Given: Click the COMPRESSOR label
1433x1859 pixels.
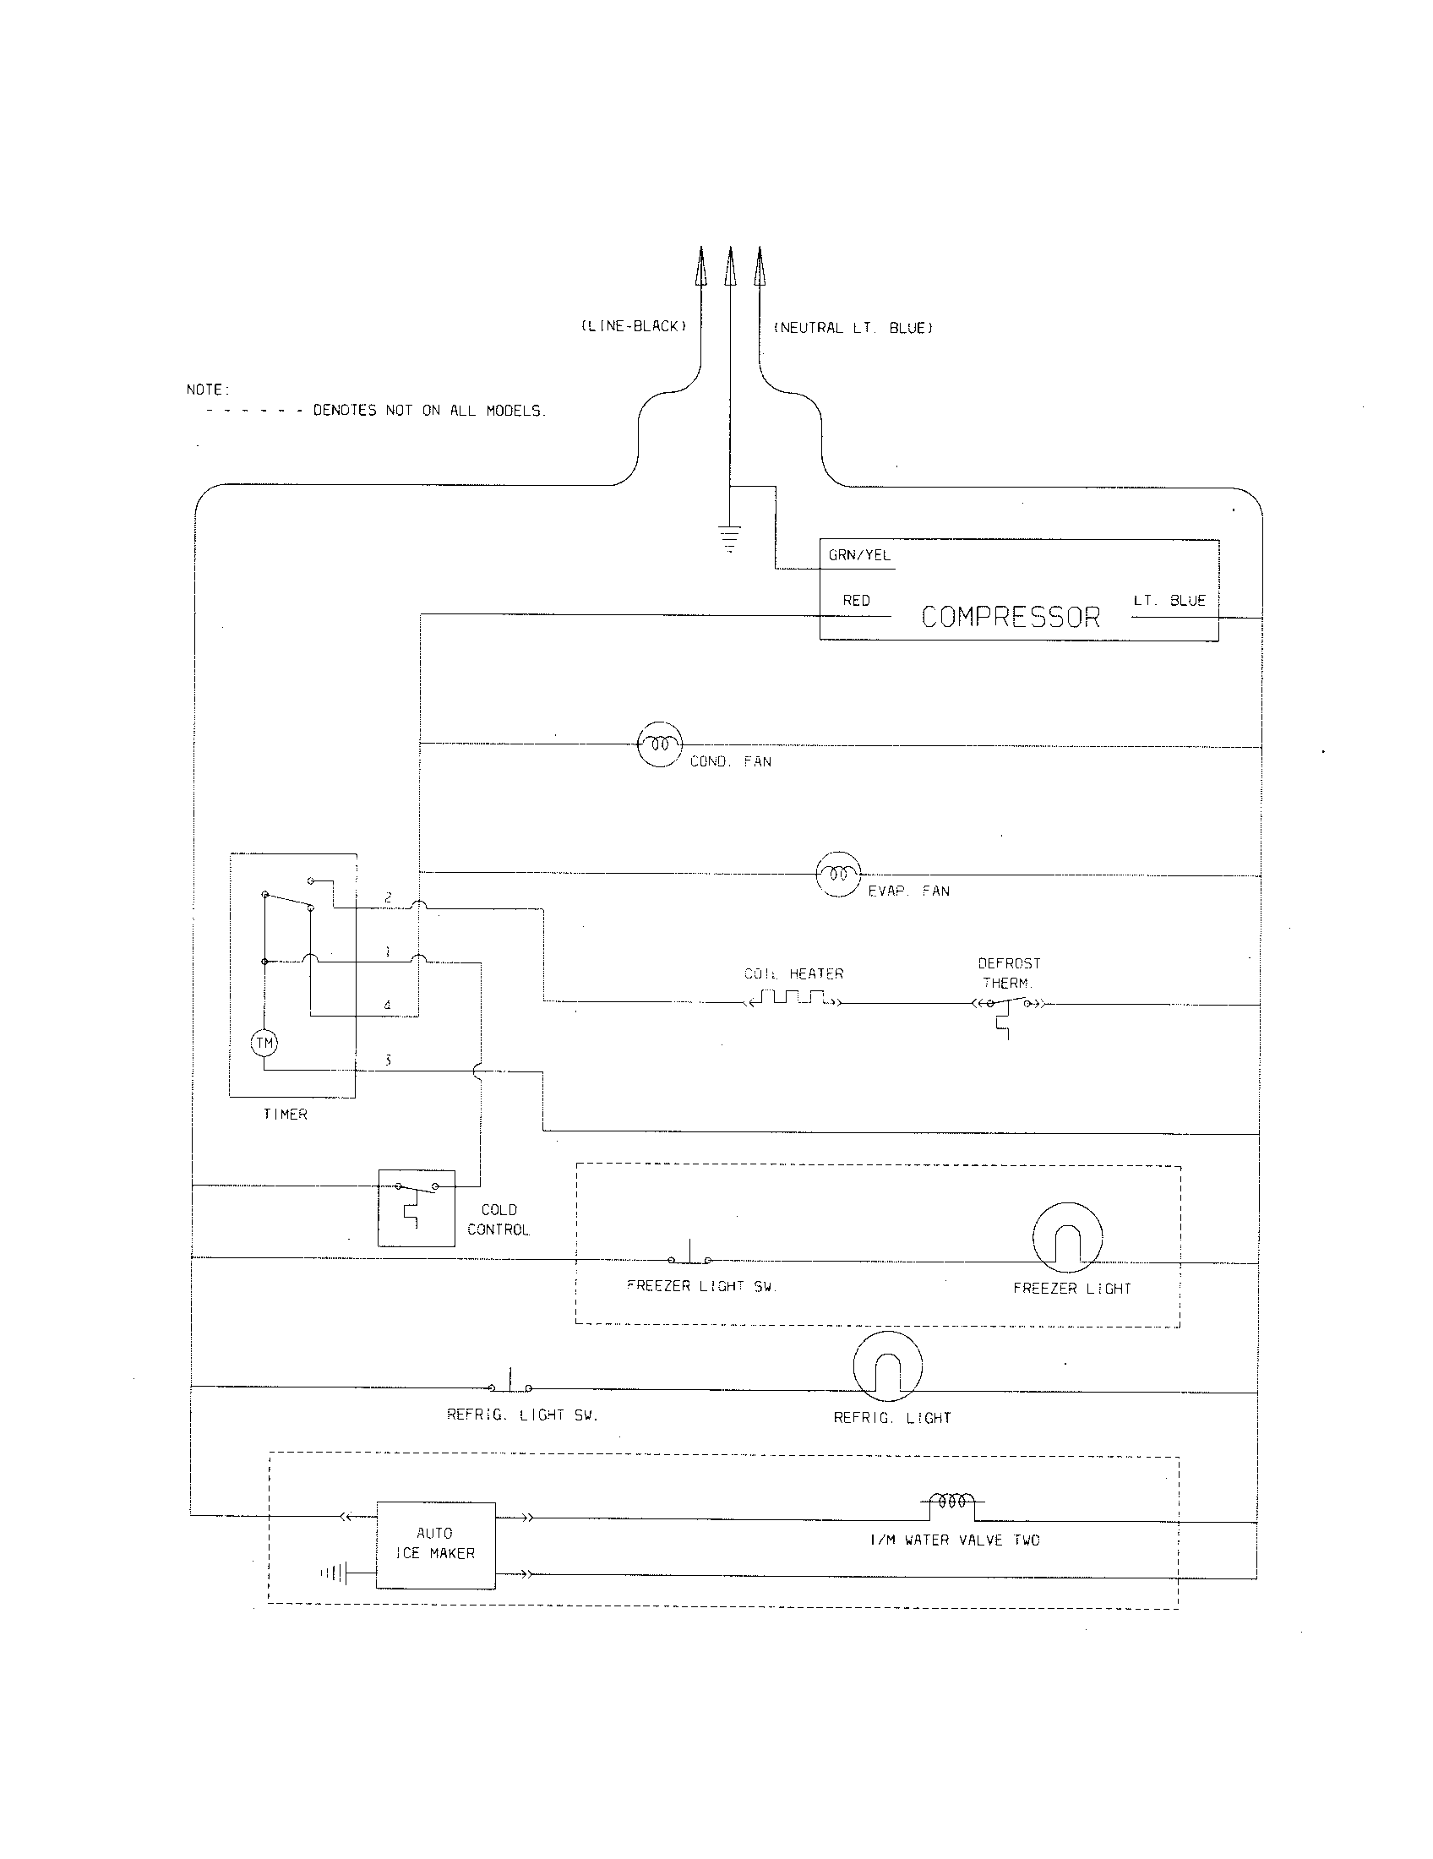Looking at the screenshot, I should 1010,616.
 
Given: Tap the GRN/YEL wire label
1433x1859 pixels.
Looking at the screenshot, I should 858,555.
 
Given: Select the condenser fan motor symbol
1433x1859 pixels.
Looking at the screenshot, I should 660,744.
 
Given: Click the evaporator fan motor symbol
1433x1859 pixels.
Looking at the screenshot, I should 838,874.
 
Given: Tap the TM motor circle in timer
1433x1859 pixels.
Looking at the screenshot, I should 264,1043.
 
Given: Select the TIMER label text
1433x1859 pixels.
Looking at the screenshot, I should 285,1115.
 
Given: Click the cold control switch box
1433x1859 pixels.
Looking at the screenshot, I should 416,1207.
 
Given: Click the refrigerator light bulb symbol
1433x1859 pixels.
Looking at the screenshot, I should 887,1366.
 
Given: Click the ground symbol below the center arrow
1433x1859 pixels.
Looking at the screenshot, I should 729,539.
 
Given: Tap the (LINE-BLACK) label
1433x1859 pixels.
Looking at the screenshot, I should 633,326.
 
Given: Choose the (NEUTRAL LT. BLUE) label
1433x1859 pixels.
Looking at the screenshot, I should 853,328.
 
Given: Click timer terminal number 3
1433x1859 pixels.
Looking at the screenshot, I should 388,1060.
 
